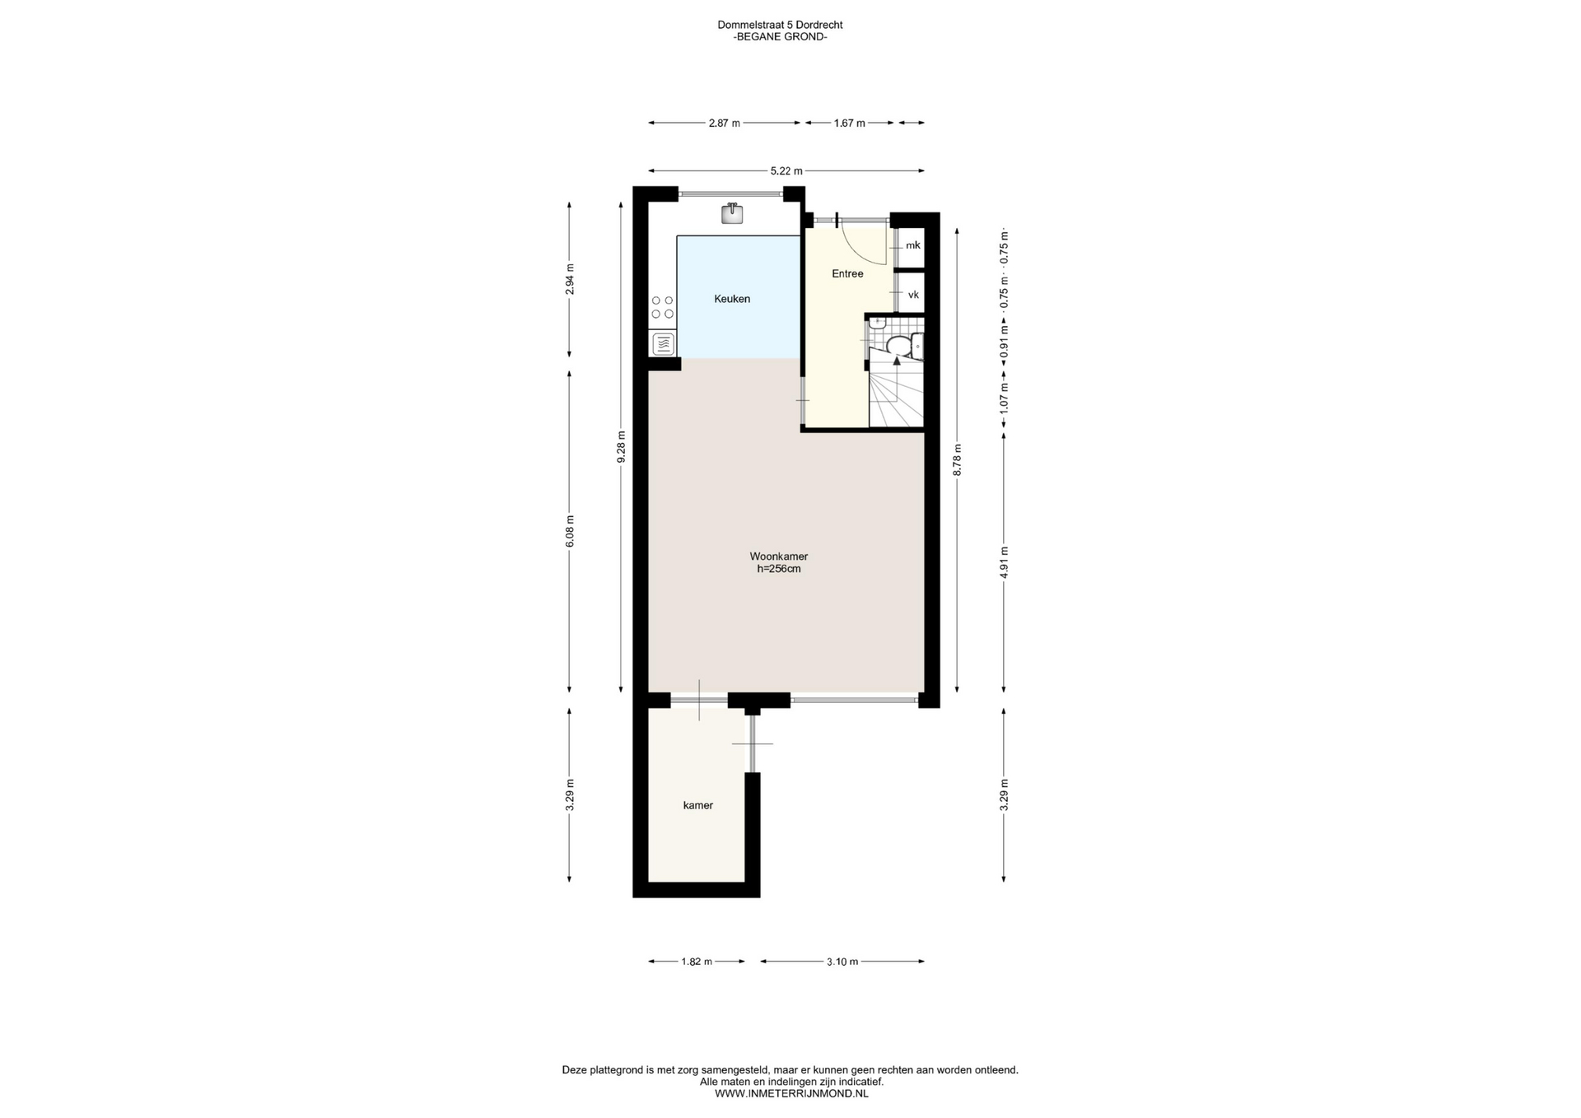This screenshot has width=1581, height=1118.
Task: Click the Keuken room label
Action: [731, 299]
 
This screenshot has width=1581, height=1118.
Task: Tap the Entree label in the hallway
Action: [846, 273]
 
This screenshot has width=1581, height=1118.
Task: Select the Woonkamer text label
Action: [778, 557]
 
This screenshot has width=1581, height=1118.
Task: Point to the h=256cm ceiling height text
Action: [778, 569]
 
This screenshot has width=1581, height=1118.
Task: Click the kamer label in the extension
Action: [697, 805]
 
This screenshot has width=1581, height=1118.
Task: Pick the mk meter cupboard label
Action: [912, 245]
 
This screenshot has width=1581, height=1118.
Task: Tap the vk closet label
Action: [912, 295]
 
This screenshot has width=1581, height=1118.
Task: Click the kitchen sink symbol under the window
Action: [732, 214]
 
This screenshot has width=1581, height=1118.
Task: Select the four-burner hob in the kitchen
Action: [662, 307]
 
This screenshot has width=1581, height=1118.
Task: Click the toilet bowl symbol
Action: [898, 346]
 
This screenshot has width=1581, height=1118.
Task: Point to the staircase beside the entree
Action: [896, 395]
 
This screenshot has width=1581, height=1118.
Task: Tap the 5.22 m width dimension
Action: [786, 171]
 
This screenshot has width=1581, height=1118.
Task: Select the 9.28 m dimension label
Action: [622, 447]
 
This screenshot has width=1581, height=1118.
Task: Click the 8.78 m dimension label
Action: [957, 459]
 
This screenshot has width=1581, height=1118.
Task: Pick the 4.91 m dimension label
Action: [1004, 563]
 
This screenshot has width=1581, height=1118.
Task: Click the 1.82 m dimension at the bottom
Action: [696, 962]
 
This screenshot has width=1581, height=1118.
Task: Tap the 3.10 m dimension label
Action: [842, 962]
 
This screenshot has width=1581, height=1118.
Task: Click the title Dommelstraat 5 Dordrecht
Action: [780, 25]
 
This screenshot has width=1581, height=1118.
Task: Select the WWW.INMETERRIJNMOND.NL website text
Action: [790, 1093]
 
